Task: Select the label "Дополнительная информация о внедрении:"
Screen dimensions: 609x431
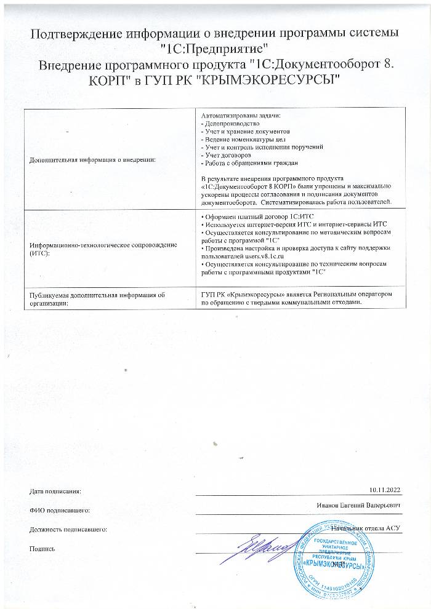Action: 93,160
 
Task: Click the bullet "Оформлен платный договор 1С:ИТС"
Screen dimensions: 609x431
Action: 259,217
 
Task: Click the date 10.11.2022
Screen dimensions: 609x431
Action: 385,489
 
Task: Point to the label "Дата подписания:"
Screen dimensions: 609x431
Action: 55,491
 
